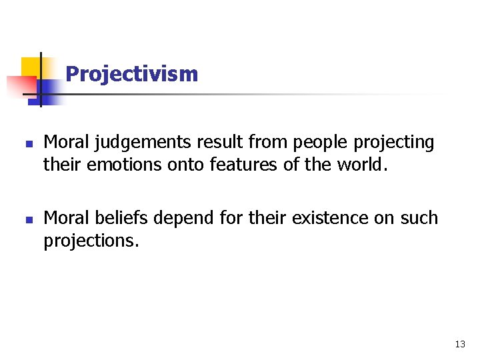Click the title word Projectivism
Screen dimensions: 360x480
132,74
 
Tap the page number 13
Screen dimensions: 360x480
460,344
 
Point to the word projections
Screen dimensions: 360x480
91,240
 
